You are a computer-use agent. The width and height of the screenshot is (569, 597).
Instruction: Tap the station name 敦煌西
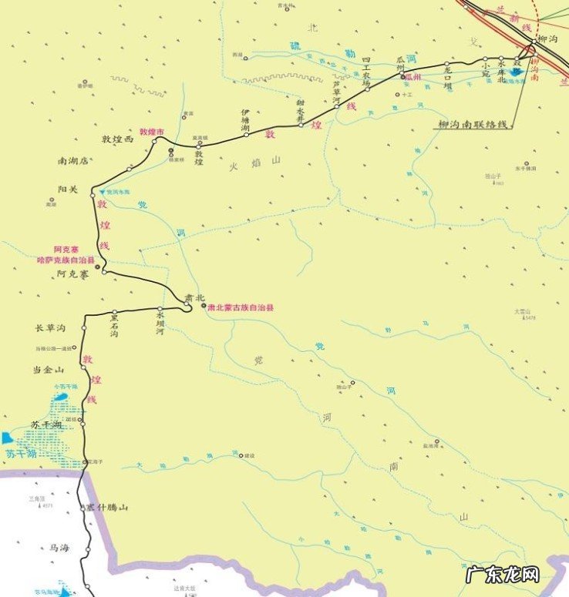[x=118, y=139]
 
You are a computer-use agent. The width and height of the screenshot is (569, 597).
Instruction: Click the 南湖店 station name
[x=74, y=162]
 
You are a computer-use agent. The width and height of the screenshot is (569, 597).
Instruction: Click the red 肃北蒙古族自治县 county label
[x=241, y=307]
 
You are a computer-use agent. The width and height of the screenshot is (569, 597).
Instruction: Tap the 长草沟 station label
[x=51, y=329]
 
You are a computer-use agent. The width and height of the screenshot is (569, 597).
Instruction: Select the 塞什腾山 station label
[x=106, y=508]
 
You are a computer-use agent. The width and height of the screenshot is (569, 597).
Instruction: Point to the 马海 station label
[x=59, y=548]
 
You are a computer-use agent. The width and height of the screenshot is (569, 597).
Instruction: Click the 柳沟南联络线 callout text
[x=473, y=124]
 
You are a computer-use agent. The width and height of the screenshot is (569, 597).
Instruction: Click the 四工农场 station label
[x=368, y=70]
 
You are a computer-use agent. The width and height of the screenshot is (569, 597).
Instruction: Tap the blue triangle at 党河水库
[x=100, y=191]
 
